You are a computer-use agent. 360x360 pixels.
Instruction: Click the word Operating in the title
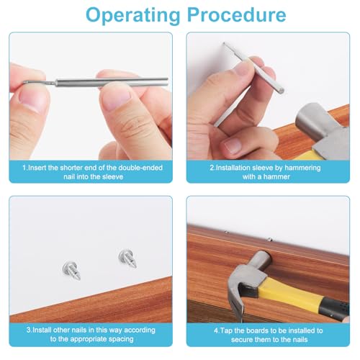[x=132, y=16]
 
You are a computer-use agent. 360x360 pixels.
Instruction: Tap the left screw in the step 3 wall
[x=71, y=271]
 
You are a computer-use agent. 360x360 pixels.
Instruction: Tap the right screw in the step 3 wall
[x=127, y=258]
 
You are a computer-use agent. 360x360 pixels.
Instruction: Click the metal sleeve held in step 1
[x=112, y=82]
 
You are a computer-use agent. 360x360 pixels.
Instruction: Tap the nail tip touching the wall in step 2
[x=224, y=43]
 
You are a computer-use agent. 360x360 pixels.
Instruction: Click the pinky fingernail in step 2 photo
[x=233, y=145]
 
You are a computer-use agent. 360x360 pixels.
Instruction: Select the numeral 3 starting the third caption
[x=29, y=330]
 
